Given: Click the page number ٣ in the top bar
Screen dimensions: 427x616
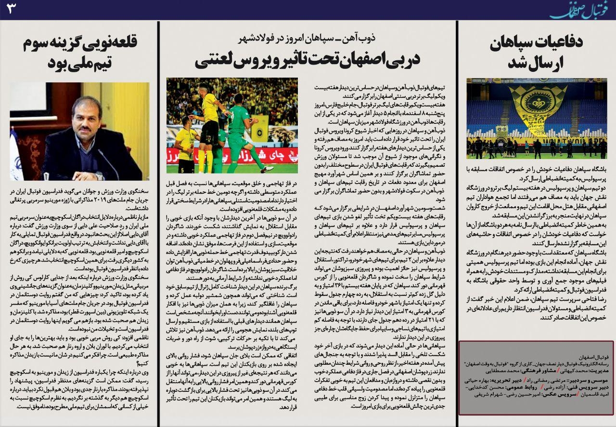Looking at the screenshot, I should (11, 8).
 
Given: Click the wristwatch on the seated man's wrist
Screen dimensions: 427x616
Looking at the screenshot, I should (99, 175).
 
